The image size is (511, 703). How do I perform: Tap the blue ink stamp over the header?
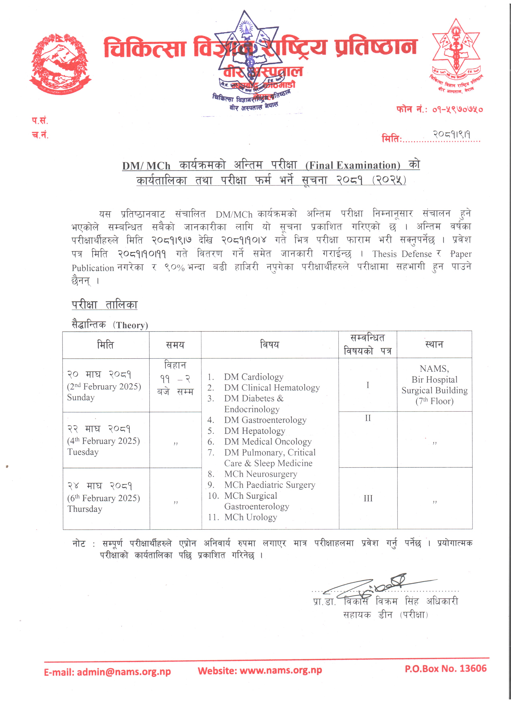click(x=248, y=59)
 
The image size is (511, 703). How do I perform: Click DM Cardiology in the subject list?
click(x=253, y=377)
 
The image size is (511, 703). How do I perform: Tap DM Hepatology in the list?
click(x=254, y=431)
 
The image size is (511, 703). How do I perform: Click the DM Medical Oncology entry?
click(x=268, y=442)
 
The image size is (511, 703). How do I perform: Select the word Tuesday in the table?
click(x=83, y=452)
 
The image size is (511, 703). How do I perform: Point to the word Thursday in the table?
click(x=85, y=509)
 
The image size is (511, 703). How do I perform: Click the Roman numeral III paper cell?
click(x=368, y=498)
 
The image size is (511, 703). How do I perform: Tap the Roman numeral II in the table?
click(x=368, y=418)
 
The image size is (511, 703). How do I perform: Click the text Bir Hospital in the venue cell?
click(x=434, y=380)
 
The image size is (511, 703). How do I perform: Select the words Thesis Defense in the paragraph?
click(x=402, y=254)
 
